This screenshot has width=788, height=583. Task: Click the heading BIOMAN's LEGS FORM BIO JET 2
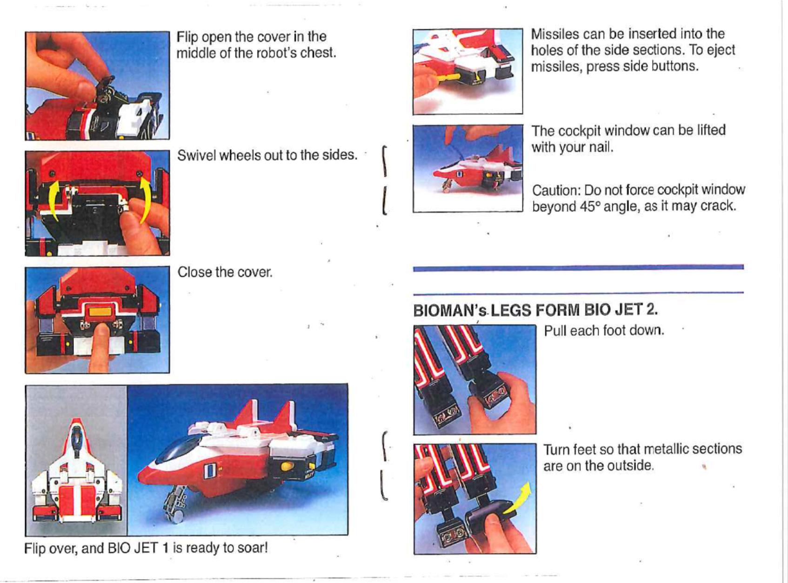(x=536, y=310)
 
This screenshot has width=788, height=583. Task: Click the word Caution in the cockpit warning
(x=556, y=191)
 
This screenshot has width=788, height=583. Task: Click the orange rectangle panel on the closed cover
(x=100, y=312)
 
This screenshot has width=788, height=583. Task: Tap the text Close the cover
(x=225, y=272)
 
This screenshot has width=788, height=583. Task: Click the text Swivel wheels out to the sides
(x=267, y=155)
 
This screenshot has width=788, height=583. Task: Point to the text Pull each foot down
(x=604, y=331)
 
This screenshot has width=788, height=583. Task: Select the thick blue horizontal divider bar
(x=578, y=268)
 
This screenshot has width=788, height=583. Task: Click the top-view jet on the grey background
(x=77, y=470)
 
